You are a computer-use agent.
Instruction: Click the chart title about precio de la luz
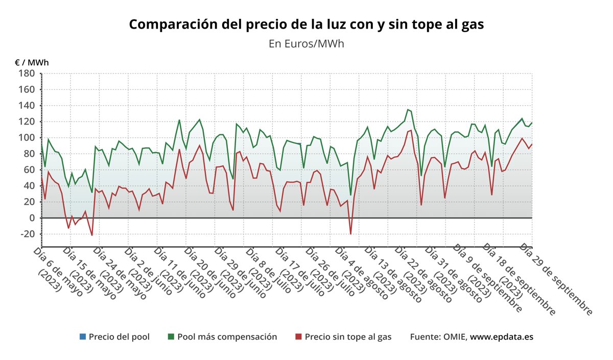[x=306, y=25]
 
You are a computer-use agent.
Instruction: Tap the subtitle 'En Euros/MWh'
[x=306, y=43]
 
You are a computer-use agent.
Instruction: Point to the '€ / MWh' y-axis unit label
[x=32, y=62]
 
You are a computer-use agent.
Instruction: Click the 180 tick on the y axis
[x=27, y=74]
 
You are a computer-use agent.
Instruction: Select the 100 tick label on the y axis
[x=27, y=138]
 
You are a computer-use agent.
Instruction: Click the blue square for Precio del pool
[x=83, y=337]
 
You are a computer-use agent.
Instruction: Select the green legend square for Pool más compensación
[x=171, y=337]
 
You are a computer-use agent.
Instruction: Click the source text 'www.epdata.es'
[x=502, y=337]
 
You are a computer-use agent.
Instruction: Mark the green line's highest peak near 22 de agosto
[x=408, y=109]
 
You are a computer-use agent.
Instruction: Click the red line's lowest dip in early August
[x=351, y=234]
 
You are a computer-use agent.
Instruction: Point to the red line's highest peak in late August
[x=411, y=130]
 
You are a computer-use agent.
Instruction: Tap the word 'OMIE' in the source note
[x=454, y=337]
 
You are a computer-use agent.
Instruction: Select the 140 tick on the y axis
[x=27, y=106]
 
